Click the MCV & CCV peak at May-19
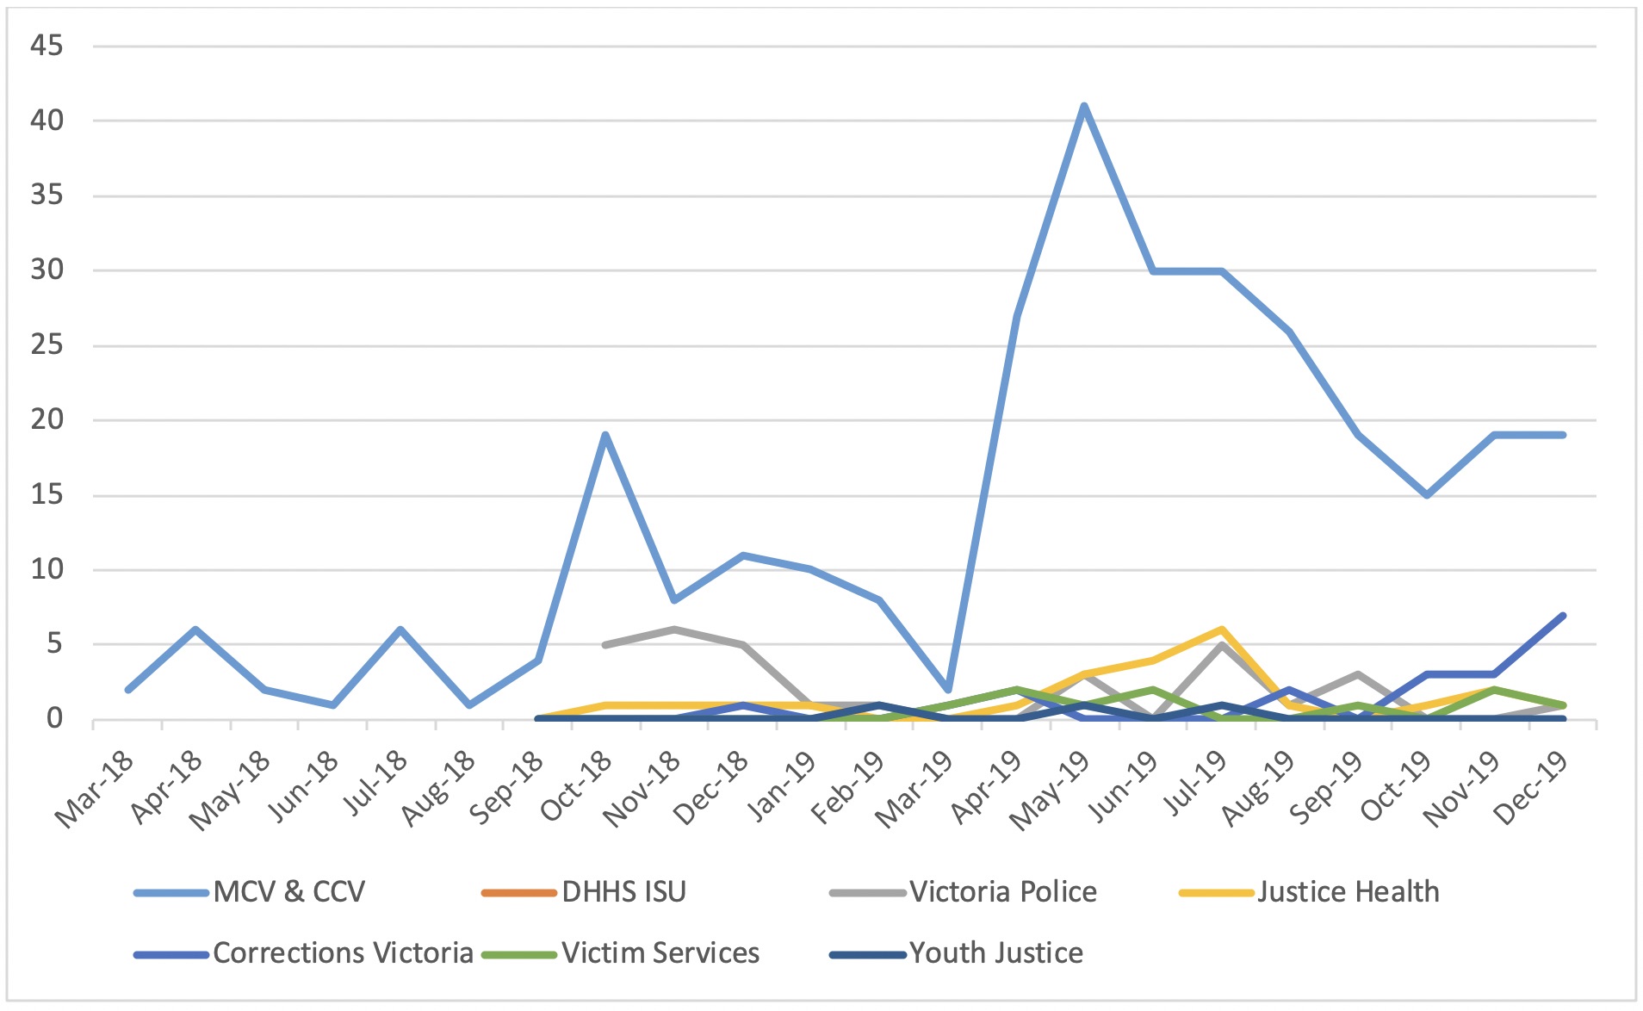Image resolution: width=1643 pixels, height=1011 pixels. pos(1084,106)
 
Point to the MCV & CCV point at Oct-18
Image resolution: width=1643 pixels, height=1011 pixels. pos(605,435)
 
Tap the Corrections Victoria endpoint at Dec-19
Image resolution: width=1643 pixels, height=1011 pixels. pos(1562,616)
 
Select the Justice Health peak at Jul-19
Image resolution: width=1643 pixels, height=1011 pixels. pos(1221,630)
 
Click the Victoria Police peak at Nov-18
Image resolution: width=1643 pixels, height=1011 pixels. pos(674,630)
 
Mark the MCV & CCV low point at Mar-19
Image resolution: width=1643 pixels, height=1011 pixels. pos(947,690)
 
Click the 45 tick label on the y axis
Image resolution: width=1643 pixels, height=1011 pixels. pos(46,46)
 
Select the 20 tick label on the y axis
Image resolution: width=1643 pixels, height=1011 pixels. pos(46,420)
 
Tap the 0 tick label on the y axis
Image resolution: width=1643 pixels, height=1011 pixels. pos(55,719)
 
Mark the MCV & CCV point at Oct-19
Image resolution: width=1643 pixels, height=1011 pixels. pos(1426,495)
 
